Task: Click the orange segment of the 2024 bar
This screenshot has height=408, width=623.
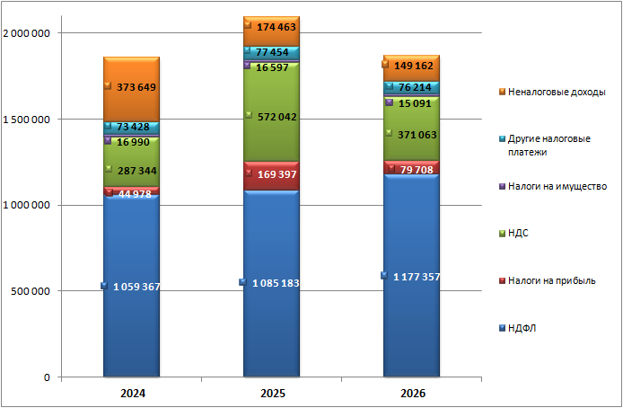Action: (x=131, y=89)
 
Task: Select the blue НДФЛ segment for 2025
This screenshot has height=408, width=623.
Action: (x=271, y=283)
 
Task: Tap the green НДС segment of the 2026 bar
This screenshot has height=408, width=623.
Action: (x=412, y=129)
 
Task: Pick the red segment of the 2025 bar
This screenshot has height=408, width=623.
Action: (x=271, y=176)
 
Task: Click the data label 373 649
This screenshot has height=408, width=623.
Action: (x=136, y=87)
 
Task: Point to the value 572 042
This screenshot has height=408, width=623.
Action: (x=276, y=117)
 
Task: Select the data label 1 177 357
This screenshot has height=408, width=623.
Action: (x=417, y=277)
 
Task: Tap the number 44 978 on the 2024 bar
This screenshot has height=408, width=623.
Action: (x=135, y=194)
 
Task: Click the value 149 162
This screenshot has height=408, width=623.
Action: (x=414, y=66)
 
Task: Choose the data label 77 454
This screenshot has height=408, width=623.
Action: (x=272, y=52)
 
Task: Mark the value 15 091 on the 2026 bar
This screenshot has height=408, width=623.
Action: (x=415, y=103)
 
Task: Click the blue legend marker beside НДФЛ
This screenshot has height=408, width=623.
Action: (x=502, y=328)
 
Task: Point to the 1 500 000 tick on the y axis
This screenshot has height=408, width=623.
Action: (x=26, y=120)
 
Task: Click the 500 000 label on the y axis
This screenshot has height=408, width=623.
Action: (x=31, y=291)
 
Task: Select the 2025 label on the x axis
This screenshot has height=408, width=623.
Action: (x=273, y=394)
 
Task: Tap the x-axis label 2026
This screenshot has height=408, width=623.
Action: (x=413, y=394)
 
